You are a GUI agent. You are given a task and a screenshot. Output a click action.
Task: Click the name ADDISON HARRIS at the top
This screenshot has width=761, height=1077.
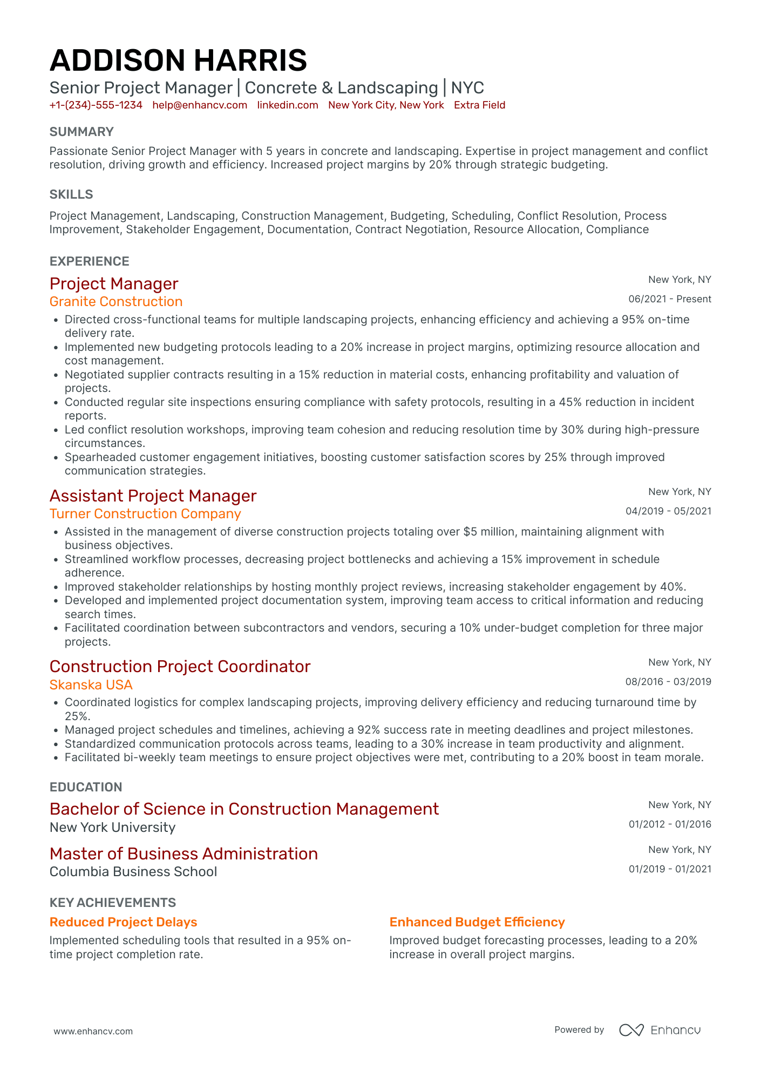point(178,60)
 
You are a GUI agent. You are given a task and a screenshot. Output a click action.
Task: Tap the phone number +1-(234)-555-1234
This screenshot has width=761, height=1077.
point(96,105)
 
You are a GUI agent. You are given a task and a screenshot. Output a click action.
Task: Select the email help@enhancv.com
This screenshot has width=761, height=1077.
point(200,105)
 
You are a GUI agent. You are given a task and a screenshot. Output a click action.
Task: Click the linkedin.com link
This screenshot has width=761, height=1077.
point(287,105)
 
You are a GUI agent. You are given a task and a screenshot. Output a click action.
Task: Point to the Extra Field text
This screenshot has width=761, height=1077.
point(479,105)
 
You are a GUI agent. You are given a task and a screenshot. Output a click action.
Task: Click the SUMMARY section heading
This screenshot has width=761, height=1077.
point(81,132)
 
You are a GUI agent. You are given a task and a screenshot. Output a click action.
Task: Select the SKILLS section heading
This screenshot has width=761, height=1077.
point(71,194)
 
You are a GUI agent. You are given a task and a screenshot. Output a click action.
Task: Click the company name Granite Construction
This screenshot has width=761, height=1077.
point(116,302)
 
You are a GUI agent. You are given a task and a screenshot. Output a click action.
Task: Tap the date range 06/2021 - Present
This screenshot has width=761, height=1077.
point(669,299)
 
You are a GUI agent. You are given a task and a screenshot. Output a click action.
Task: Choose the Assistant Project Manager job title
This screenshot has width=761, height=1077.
point(153,496)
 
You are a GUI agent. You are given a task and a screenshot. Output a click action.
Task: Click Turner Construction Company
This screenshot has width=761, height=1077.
point(145,514)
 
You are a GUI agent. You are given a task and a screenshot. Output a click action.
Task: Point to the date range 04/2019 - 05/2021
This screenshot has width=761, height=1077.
point(668,511)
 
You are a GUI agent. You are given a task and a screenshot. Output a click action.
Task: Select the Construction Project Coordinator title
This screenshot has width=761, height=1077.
point(180,666)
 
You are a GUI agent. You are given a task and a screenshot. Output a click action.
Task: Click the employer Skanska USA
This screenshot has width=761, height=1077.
point(91,685)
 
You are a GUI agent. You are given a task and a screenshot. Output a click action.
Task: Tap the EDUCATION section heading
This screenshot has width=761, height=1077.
point(86,787)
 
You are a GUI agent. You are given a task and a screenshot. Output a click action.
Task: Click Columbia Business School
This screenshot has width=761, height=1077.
point(133,872)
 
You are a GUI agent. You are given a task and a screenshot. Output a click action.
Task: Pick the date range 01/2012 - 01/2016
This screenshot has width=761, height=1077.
point(669,824)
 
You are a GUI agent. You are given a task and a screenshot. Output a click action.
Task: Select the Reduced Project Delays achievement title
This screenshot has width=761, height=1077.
point(123,922)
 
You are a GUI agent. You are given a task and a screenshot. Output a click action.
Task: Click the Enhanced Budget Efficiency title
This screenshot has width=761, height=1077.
point(477,922)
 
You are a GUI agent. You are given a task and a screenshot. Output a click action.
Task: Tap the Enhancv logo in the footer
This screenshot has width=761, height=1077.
point(660,1030)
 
